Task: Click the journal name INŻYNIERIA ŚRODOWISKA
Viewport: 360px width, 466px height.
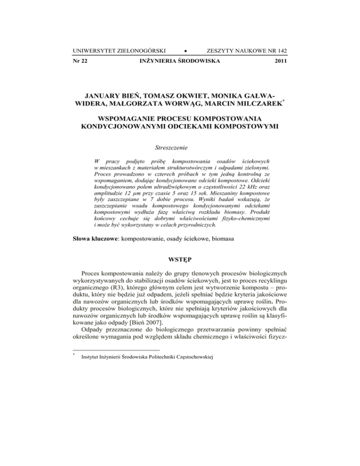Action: pos(180,61)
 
